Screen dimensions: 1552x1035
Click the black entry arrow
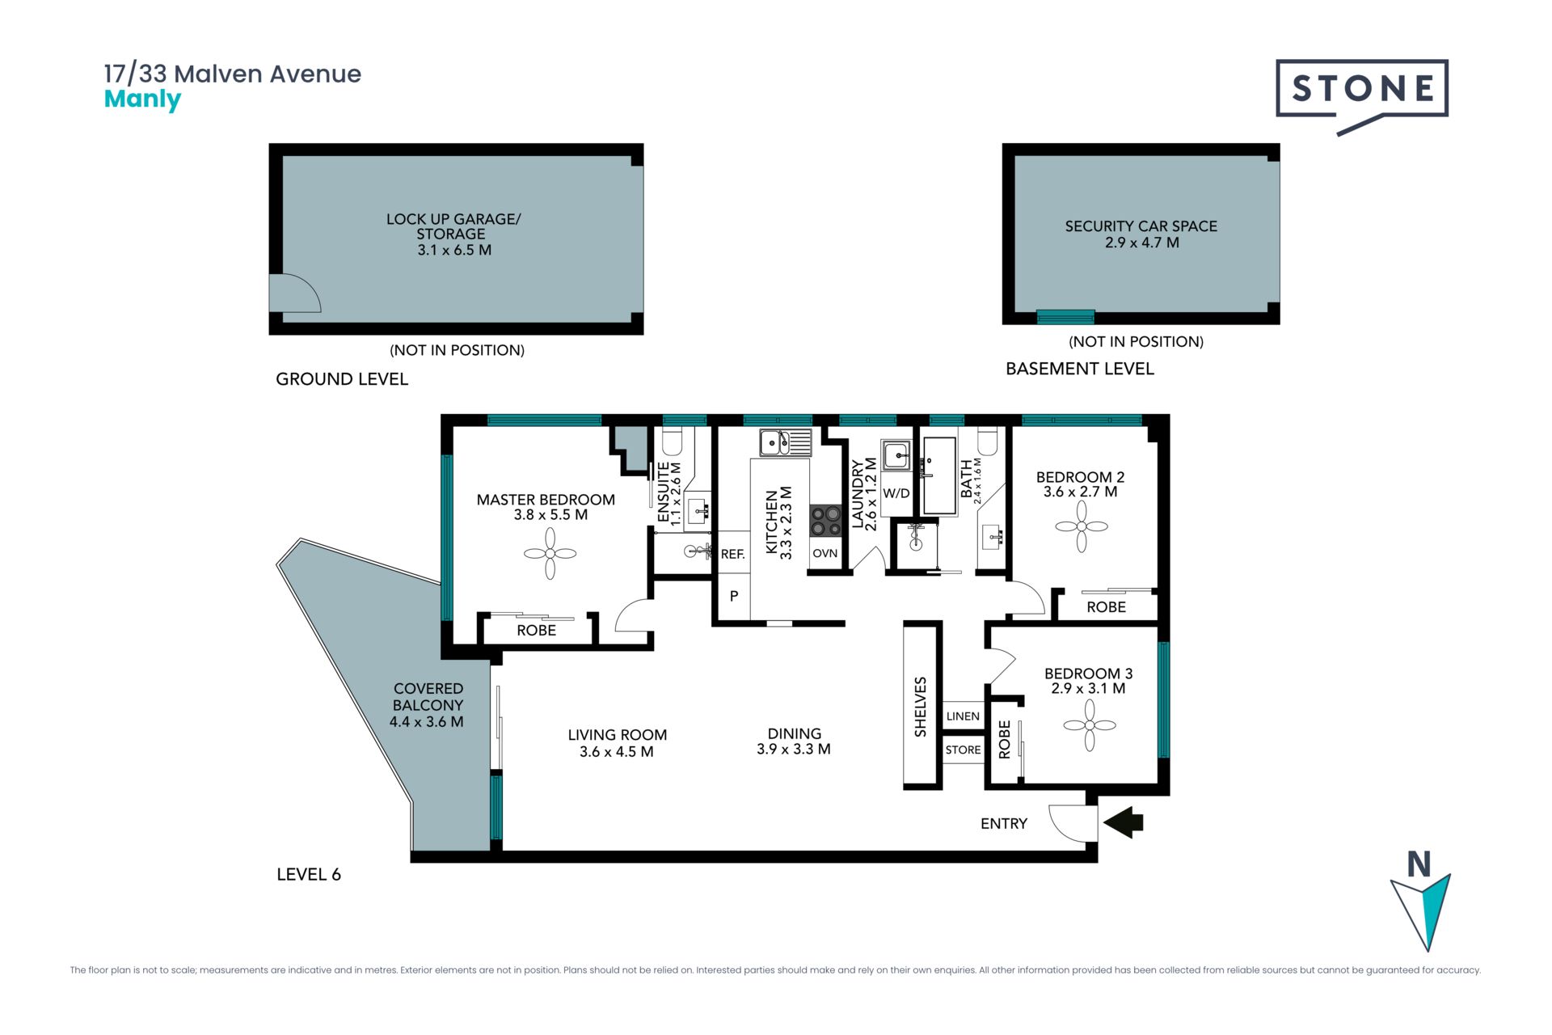pos(1124,823)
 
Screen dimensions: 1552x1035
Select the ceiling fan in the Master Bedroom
pos(550,554)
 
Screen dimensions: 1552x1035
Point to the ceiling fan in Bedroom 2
pos(1082,526)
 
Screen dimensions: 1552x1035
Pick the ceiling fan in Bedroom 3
pos(1090,725)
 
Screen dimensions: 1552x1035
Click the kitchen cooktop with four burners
pos(825,521)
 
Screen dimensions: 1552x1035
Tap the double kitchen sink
pos(785,443)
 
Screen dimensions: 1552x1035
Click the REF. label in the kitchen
pos(732,555)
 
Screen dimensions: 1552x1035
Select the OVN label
pos(825,554)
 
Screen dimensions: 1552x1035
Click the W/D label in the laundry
pos(896,493)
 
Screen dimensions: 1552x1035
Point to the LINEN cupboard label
pos(963,716)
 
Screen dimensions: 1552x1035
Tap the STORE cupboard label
pos(963,750)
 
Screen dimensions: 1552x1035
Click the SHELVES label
pos(921,707)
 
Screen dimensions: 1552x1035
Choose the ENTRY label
pos(1004,823)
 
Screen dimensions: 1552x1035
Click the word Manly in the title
pos(142,99)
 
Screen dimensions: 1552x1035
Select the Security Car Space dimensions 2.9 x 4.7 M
pos(1141,243)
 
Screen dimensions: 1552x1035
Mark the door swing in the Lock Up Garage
pos(295,293)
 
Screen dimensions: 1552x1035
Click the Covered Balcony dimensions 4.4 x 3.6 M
pos(427,722)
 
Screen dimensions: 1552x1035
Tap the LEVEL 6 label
pos(309,874)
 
